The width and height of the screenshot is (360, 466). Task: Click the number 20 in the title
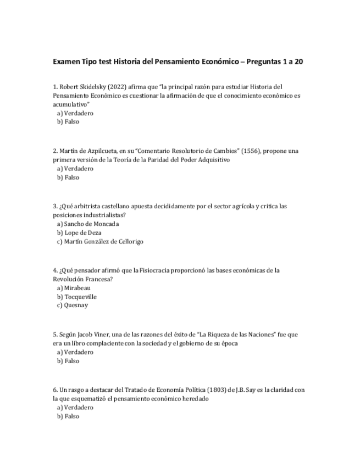click(x=298, y=62)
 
